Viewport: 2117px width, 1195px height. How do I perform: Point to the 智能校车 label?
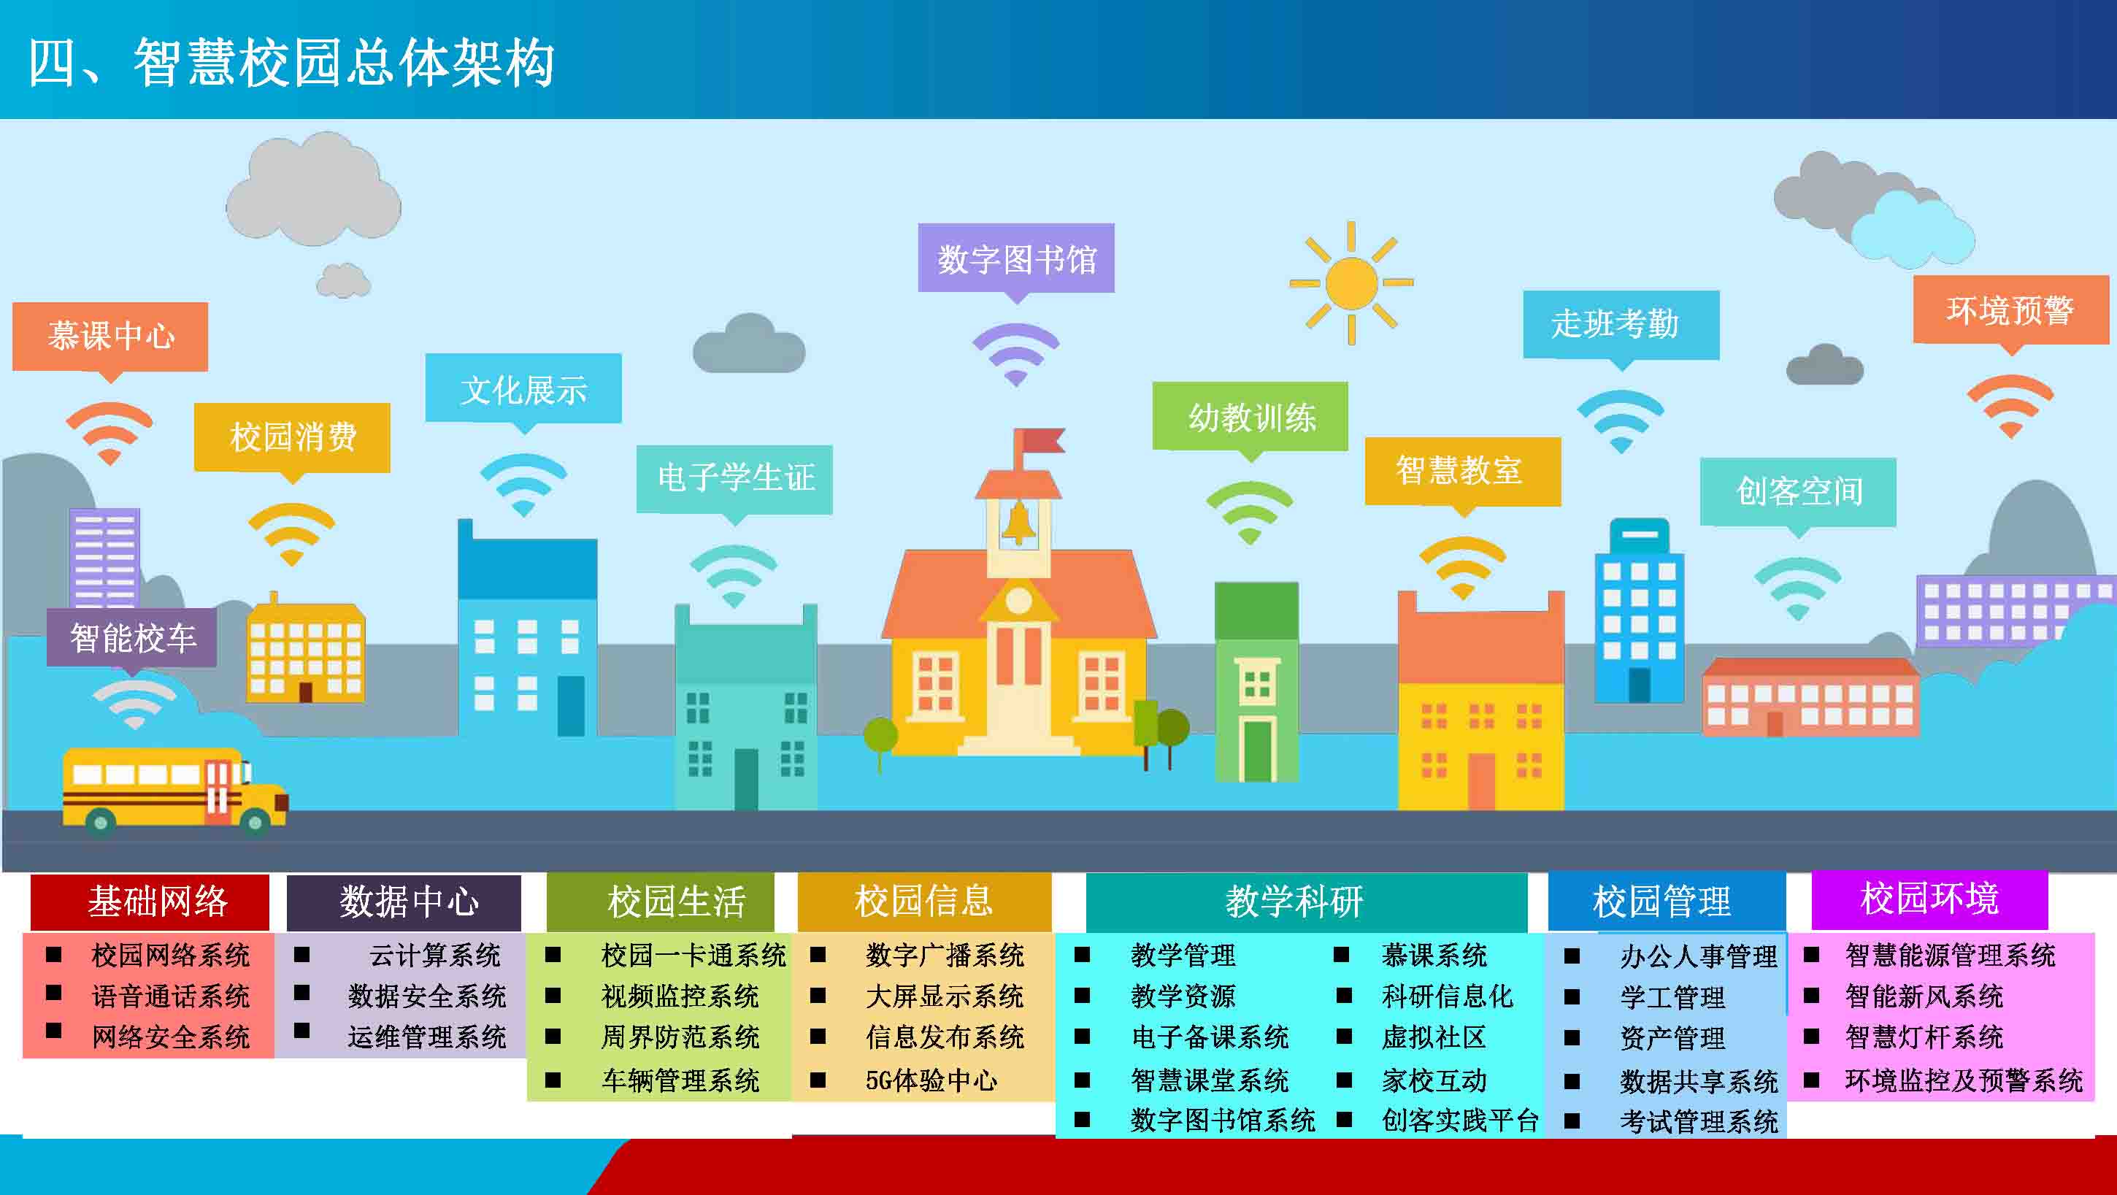(132, 638)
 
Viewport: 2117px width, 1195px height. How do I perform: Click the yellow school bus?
(175, 791)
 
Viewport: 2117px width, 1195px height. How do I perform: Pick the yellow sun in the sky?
(1351, 283)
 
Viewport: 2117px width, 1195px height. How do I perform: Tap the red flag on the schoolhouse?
(1038, 442)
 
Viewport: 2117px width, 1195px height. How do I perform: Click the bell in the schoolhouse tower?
(1018, 523)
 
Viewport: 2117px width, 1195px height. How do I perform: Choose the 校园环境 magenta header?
(1929, 899)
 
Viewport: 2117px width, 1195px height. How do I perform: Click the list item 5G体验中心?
(931, 1080)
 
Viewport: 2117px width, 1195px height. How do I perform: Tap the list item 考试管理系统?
(1699, 1121)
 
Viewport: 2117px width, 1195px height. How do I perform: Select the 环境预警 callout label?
(2010, 310)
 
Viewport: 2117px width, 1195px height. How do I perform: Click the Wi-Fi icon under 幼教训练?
(1249, 512)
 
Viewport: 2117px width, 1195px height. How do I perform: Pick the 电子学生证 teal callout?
(734, 477)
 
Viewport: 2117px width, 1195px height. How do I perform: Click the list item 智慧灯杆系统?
(1924, 1037)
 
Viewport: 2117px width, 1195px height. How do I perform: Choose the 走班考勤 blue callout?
(1621, 324)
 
